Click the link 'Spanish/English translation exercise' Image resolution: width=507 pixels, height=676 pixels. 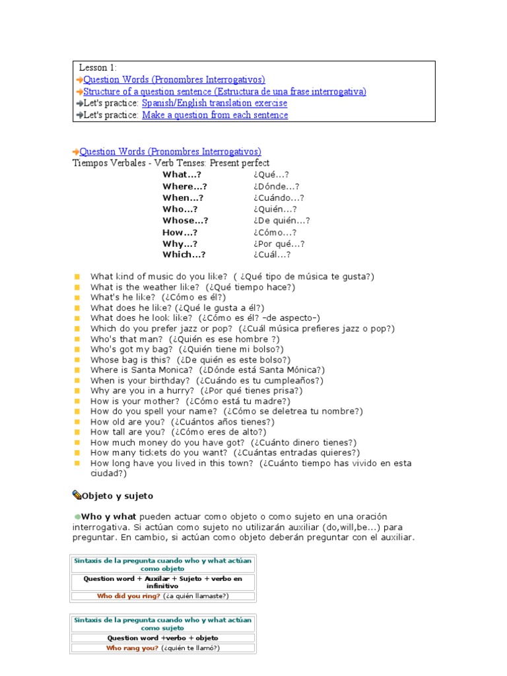click(x=215, y=104)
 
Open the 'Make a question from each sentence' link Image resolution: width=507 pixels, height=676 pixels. click(x=215, y=115)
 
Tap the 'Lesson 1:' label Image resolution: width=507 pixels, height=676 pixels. click(x=98, y=68)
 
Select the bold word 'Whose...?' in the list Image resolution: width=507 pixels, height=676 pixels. click(x=186, y=220)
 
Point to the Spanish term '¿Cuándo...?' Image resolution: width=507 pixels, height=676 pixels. click(x=278, y=197)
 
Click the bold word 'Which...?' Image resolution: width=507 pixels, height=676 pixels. click(x=184, y=255)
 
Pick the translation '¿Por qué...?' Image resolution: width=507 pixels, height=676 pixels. click(x=278, y=244)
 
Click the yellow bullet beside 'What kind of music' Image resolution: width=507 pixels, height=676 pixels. click(x=77, y=277)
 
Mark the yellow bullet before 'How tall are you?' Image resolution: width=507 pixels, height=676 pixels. click(x=77, y=432)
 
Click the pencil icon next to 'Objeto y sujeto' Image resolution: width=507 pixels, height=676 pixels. click(x=77, y=494)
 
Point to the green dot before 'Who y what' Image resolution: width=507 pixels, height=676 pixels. click(x=77, y=516)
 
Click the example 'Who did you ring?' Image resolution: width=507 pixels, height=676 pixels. click(x=129, y=595)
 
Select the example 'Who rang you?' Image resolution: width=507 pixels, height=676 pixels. click(x=132, y=648)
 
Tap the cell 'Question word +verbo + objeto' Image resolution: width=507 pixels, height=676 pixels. click(x=162, y=638)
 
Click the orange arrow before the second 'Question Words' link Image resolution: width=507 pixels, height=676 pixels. click(x=76, y=152)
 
